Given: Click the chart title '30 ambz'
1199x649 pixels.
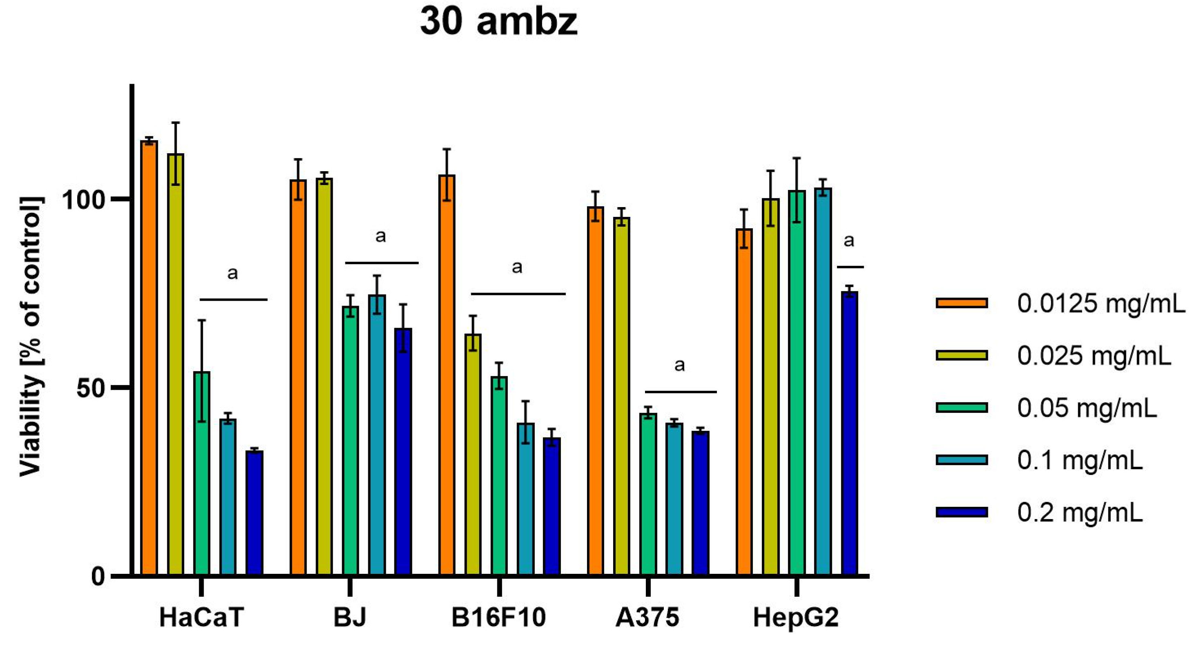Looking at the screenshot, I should tap(498, 22).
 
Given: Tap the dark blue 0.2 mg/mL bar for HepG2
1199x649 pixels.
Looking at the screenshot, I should tap(850, 433).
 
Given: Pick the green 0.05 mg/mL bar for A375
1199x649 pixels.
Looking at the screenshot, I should tap(648, 493).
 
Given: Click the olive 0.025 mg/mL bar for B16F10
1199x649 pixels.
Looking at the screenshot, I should tap(473, 454).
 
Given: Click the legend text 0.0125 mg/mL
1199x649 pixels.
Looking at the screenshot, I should tap(1101, 303).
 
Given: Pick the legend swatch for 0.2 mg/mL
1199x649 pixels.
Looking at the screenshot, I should tap(962, 512).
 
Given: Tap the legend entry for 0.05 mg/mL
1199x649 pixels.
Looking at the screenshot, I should tap(1087, 408).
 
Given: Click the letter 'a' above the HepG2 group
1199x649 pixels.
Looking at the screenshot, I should tap(849, 241).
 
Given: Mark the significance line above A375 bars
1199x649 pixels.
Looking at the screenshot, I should tap(681, 392).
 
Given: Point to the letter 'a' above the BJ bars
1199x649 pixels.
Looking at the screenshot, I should tap(381, 236).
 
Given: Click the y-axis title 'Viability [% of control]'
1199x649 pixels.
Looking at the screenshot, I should tap(31, 336).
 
